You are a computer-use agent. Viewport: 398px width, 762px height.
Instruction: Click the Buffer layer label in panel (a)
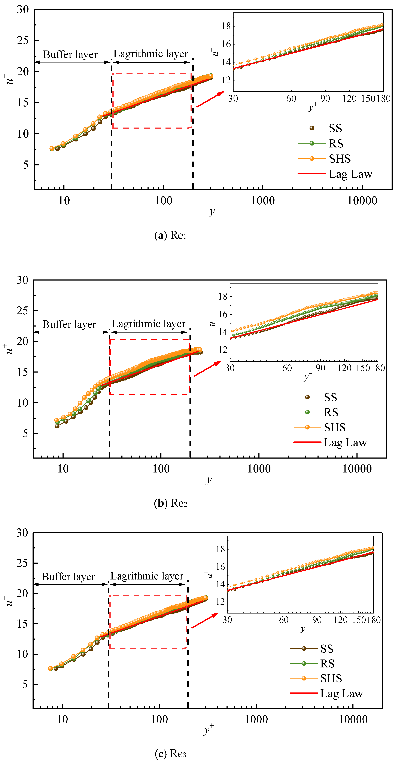click(x=70, y=54)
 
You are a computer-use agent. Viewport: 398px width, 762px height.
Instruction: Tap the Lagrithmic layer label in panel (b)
click(x=149, y=324)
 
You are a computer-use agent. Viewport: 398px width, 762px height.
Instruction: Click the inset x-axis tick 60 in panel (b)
click(x=287, y=368)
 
